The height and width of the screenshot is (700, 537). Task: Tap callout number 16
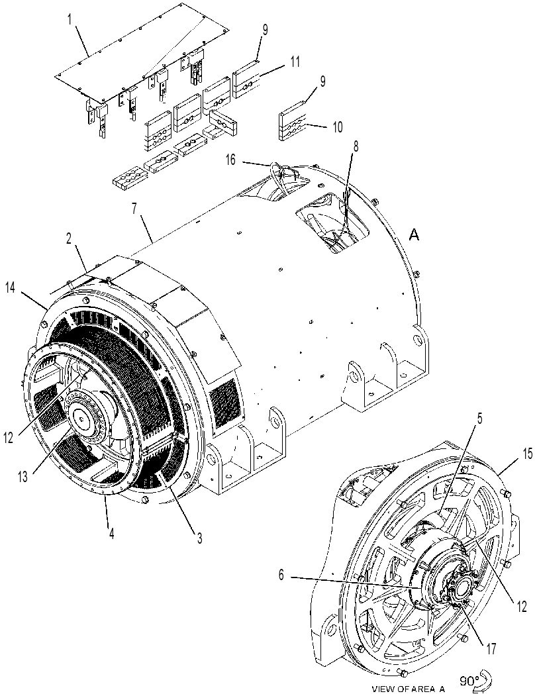[x=231, y=160]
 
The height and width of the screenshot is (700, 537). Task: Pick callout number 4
[x=111, y=534]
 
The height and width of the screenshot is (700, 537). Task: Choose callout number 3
[x=199, y=538]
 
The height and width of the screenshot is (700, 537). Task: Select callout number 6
[x=281, y=575]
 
